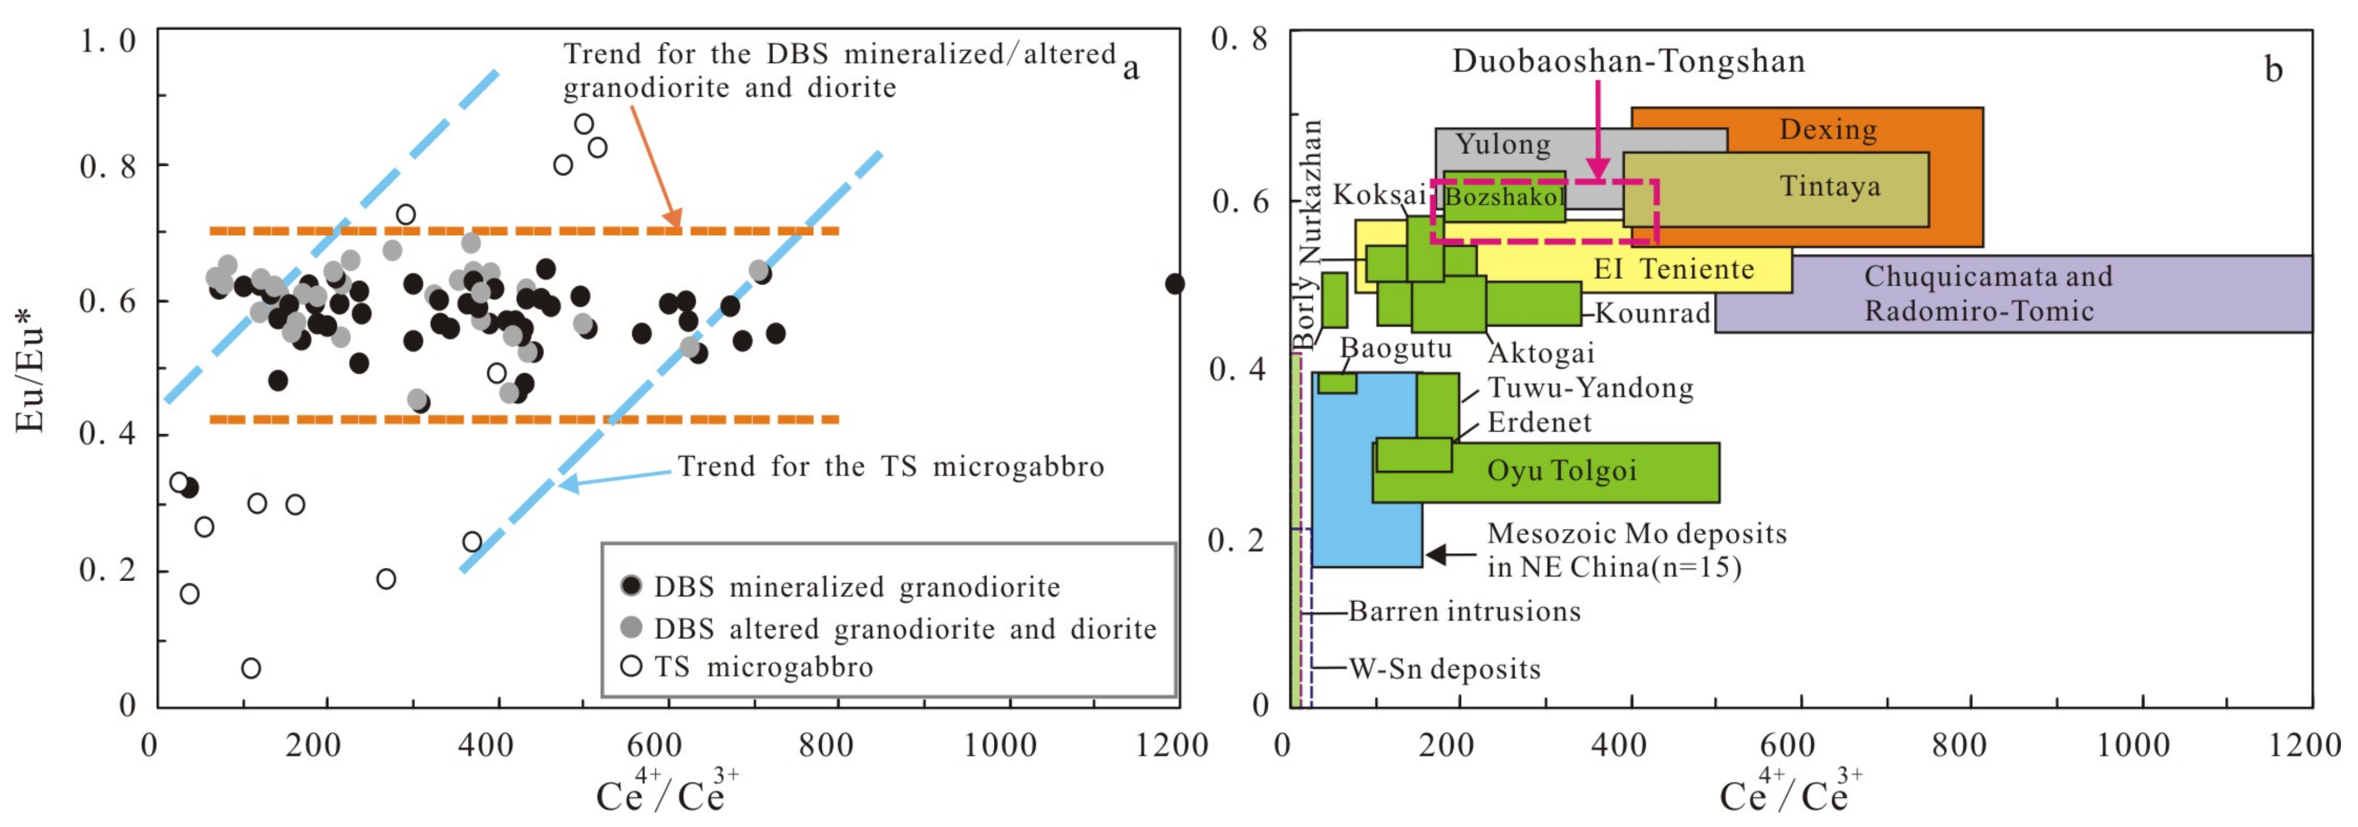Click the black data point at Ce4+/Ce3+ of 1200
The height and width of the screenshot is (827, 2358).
(1174, 284)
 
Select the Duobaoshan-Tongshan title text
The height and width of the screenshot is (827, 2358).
(1628, 61)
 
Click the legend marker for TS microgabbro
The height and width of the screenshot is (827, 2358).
(631, 666)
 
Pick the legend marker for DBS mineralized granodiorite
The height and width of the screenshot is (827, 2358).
(631, 586)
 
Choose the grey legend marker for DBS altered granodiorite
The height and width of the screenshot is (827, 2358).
(631, 627)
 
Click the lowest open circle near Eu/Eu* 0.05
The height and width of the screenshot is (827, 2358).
(251, 667)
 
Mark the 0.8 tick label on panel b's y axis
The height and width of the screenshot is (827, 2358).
(1239, 39)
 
